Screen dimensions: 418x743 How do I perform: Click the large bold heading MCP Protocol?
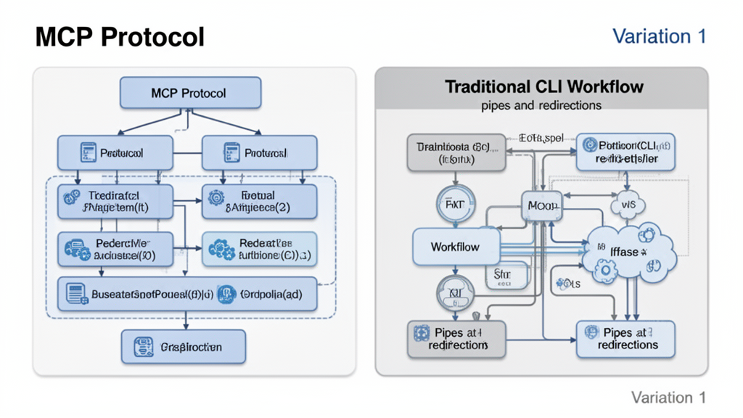pyautogui.click(x=120, y=37)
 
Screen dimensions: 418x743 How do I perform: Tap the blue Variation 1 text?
pyautogui.click(x=659, y=36)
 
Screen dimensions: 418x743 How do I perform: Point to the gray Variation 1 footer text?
pyautogui.click(x=668, y=397)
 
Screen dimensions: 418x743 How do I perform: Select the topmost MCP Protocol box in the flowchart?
pyautogui.click(x=189, y=94)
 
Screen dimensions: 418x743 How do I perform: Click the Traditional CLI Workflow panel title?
pyautogui.click(x=543, y=87)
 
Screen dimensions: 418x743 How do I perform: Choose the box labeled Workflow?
pyautogui.click(x=456, y=247)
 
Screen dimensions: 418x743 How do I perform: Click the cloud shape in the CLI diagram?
pyautogui.click(x=629, y=253)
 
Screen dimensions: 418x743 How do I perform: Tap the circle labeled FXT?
pyautogui.click(x=454, y=205)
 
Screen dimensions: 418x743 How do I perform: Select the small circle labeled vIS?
pyautogui.click(x=628, y=206)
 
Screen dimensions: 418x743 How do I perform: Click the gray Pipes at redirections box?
pyautogui.click(x=456, y=339)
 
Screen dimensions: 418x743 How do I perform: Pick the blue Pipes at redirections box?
pyautogui.click(x=625, y=339)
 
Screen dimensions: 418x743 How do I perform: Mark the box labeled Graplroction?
pyautogui.click(x=183, y=347)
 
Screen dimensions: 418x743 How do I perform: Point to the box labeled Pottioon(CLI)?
pyautogui.click(x=625, y=152)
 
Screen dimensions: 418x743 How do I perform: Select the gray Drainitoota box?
pyautogui.click(x=456, y=152)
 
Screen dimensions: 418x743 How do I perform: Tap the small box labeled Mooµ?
pyautogui.click(x=542, y=206)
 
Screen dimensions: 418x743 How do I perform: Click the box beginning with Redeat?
pyautogui.click(x=259, y=249)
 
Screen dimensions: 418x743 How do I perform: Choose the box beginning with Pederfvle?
pyautogui.click(x=115, y=249)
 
